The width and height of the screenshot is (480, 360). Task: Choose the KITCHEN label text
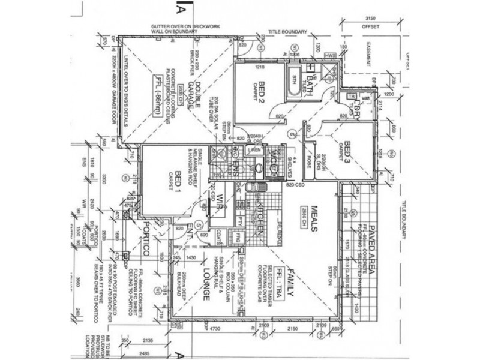click(261, 217)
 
